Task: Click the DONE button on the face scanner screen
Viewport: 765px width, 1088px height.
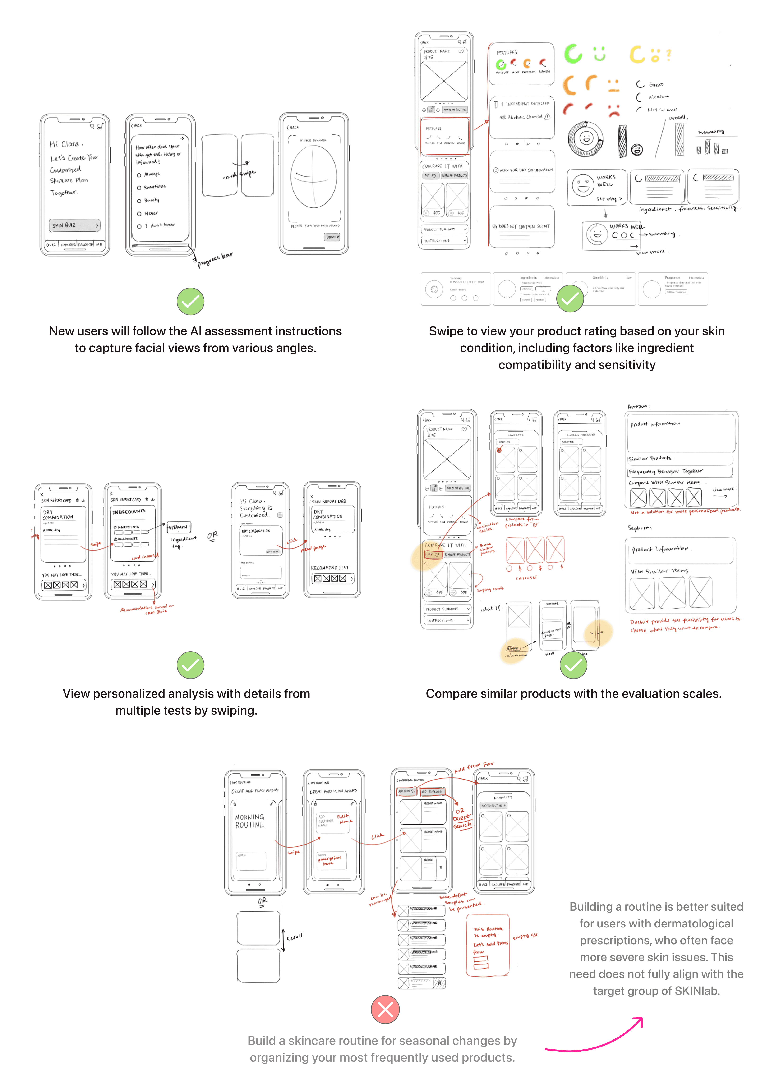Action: [x=332, y=237]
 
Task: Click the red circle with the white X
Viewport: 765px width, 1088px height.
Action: [x=385, y=1009]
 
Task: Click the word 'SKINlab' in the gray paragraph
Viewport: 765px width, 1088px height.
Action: [x=697, y=991]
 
